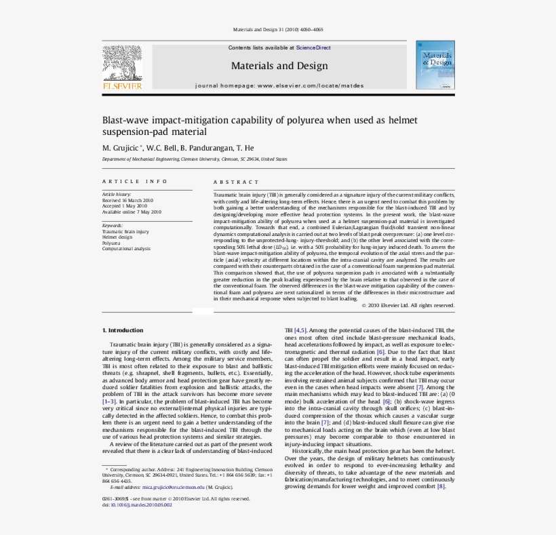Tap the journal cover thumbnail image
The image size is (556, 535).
(x=435, y=64)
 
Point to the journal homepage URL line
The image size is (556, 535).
(x=279, y=86)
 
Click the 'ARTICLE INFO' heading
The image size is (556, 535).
(x=134, y=181)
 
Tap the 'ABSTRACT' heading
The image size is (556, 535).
(x=236, y=182)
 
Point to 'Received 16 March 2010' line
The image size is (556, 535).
(x=127, y=201)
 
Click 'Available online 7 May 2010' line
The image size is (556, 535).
(x=132, y=212)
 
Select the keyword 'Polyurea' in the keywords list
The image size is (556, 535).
(x=111, y=243)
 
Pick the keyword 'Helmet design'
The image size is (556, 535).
(x=117, y=237)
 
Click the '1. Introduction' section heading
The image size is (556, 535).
(x=122, y=330)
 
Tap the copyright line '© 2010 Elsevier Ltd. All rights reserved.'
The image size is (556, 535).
(x=407, y=305)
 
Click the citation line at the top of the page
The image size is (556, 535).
(x=277, y=30)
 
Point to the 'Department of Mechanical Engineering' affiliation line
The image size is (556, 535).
(x=194, y=159)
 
